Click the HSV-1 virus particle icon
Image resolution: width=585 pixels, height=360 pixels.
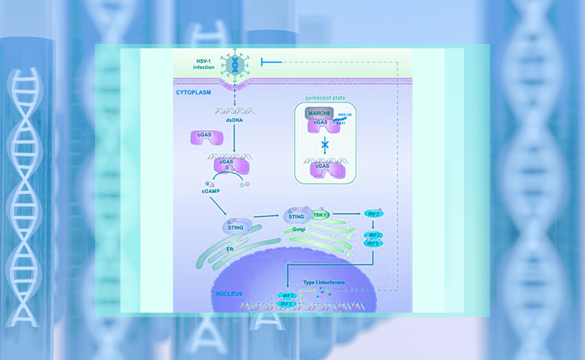236,64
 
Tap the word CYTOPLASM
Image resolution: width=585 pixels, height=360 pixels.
194,91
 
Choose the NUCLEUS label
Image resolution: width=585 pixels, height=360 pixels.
229,294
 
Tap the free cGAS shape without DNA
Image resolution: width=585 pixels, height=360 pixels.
205,138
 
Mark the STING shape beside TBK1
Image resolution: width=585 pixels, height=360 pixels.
296,216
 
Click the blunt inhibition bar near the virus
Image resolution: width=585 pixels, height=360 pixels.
263,61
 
